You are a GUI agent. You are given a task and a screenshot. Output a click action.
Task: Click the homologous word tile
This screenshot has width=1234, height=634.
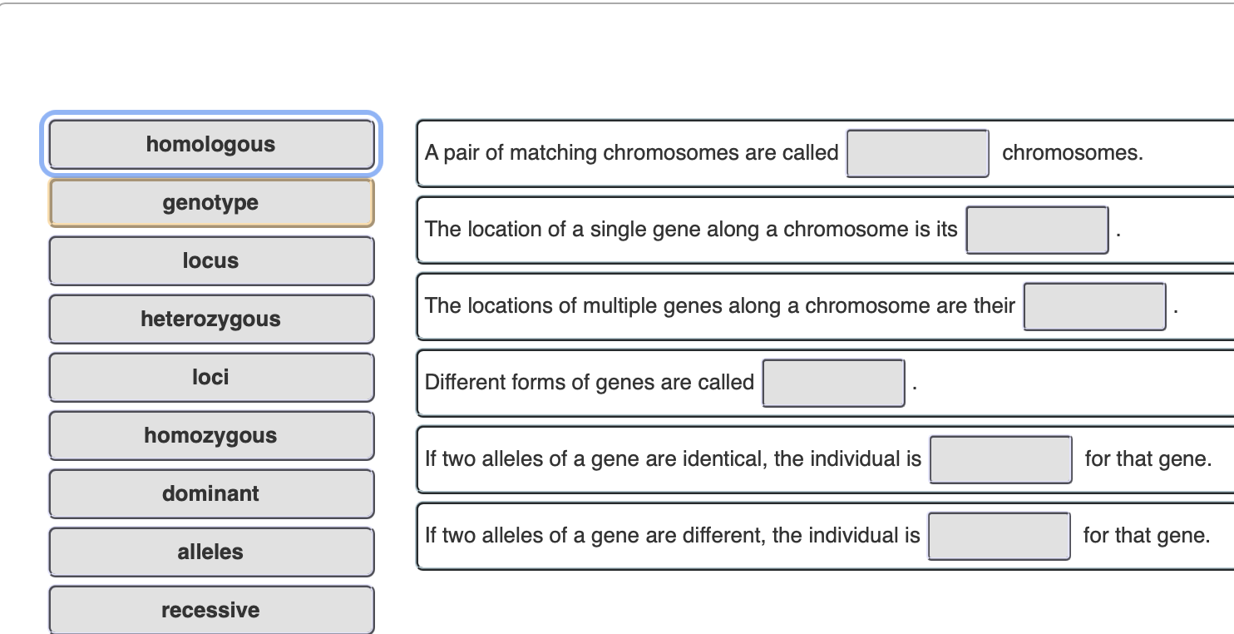[211, 144]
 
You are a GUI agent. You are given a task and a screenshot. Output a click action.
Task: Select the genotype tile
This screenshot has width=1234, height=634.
[211, 202]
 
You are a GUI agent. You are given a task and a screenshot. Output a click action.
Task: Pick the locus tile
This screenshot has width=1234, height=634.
[211, 260]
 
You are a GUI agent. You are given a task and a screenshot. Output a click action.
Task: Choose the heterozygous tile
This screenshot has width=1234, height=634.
[211, 319]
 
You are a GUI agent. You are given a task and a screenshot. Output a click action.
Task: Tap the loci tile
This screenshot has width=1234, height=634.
[211, 377]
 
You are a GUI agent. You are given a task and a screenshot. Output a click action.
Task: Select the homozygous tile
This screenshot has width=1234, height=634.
[211, 435]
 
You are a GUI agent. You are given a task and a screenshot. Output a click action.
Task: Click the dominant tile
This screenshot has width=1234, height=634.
[211, 493]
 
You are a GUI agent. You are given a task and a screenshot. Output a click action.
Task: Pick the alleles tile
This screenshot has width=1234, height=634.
[211, 552]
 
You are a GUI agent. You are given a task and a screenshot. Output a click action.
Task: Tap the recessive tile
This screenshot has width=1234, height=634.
[211, 610]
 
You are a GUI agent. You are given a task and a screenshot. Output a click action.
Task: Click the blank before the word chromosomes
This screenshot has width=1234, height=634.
[918, 153]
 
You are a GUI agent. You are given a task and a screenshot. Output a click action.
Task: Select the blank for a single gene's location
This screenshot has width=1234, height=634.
[1037, 230]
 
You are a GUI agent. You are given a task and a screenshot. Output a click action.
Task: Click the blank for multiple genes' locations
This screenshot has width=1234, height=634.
[1094, 306]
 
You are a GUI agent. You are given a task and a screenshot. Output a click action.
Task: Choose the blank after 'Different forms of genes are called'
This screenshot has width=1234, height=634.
[834, 383]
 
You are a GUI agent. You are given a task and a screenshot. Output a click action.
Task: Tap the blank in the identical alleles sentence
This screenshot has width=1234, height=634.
[1000, 459]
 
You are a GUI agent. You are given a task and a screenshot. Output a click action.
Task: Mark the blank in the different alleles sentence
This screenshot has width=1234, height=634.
[1000, 536]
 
